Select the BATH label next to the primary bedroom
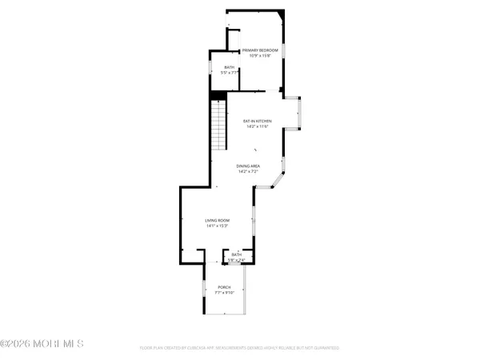click(230, 67)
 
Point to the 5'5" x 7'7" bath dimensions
click(230, 73)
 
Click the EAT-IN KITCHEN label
click(258, 121)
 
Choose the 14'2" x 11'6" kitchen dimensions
click(258, 126)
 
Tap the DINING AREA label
click(249, 166)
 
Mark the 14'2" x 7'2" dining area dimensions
click(249, 171)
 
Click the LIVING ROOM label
click(217, 220)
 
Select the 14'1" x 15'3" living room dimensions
click(217, 226)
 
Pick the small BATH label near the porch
click(237, 254)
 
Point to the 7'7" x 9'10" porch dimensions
click(224, 292)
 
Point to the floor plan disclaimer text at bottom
click(239, 348)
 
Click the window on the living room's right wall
click(254, 220)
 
